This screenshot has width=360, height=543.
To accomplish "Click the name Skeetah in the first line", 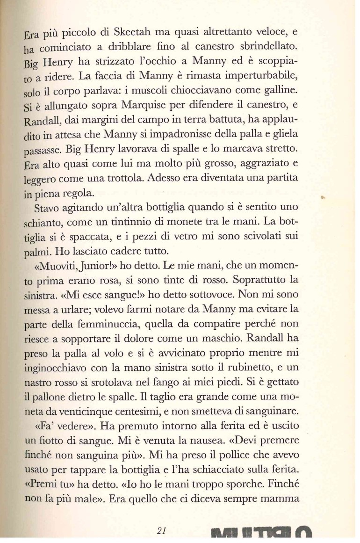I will [122, 33].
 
